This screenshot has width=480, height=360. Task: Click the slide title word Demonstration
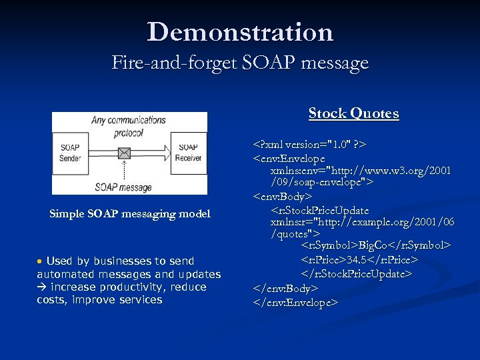point(240,32)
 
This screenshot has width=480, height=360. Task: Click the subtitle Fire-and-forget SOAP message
point(240,63)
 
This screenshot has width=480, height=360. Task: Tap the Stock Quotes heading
point(353,113)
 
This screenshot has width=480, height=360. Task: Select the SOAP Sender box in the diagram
point(70,153)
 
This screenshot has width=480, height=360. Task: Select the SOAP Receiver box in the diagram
point(189,152)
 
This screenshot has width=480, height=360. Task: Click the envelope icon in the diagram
point(123,153)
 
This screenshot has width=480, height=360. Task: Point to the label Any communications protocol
point(129,126)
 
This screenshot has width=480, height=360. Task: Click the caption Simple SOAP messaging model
point(130,214)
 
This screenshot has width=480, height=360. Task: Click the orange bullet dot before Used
point(41,261)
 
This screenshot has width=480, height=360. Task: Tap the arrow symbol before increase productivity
point(42,287)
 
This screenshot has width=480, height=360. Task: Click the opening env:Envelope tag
point(288,158)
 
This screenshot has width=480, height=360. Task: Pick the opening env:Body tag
point(282,197)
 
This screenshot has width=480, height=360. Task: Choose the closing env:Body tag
point(285,289)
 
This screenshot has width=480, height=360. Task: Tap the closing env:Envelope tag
point(296,303)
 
